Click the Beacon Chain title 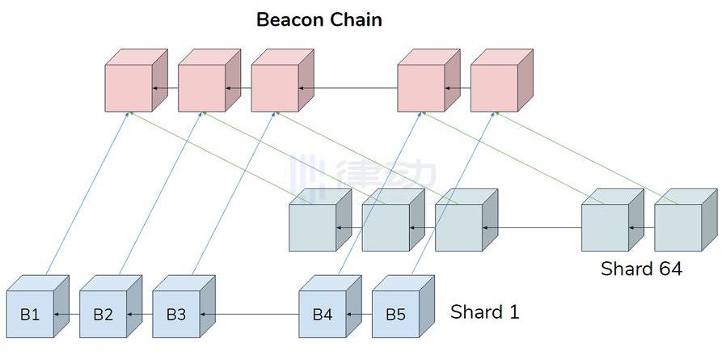click(x=319, y=20)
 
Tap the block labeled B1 click(x=38, y=307)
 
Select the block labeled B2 click(x=111, y=307)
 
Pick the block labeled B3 click(x=184, y=307)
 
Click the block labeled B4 click(x=330, y=307)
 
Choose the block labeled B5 click(x=403, y=307)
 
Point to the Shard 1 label click(x=485, y=311)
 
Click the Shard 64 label click(x=641, y=269)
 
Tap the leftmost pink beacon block click(x=136, y=80)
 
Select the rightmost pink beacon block click(x=502, y=80)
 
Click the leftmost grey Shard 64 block click(x=320, y=220)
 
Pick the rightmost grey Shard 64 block click(x=686, y=220)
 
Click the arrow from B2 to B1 click(x=66, y=315)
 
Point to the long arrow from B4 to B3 click(x=250, y=315)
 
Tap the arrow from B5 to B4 click(x=359, y=315)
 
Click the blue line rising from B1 click(x=87, y=193)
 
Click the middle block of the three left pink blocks click(x=209, y=80)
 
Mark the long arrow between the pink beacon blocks click(x=348, y=88)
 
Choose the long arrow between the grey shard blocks click(x=532, y=227)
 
